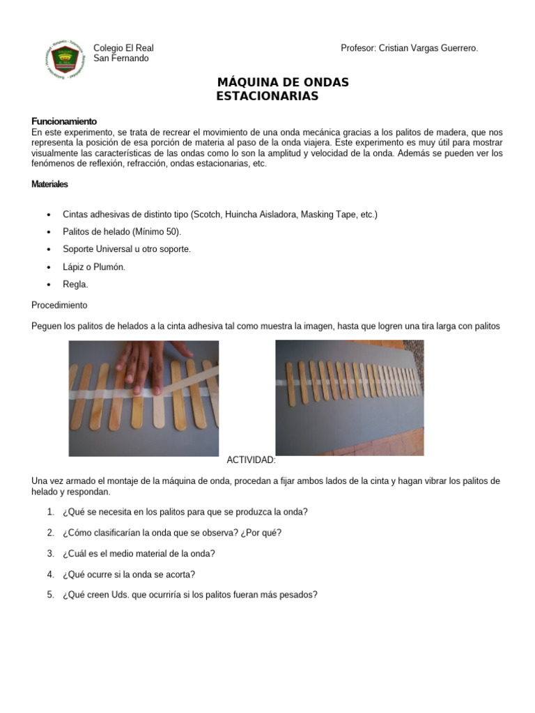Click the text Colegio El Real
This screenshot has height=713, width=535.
click(123, 48)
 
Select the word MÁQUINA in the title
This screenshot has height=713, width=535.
click(249, 83)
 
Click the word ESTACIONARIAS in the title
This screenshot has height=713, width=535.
click(267, 96)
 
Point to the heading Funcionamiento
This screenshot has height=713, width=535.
click(64, 121)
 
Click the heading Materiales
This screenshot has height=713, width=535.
click(50, 185)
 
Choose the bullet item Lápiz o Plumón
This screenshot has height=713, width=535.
click(94, 267)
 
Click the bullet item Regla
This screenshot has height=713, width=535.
click(76, 285)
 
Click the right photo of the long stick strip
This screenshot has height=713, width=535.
click(349, 397)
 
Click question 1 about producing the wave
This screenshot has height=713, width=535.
click(185, 512)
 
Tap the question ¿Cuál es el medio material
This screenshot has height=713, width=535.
click(139, 554)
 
